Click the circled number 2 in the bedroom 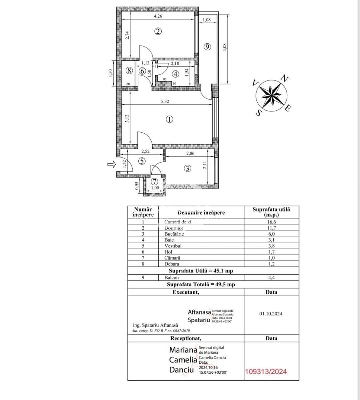[x=158, y=31]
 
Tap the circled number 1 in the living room [x=169, y=119]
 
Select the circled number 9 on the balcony [x=207, y=47]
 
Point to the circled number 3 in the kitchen [x=188, y=168]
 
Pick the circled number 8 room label [x=129, y=70]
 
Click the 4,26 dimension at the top [x=158, y=16]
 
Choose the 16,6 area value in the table [x=271, y=221]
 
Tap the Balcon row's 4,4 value [x=271, y=277]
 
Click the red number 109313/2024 [x=266, y=371]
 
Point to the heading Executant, [x=186, y=292]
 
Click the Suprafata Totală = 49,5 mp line [x=201, y=284]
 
